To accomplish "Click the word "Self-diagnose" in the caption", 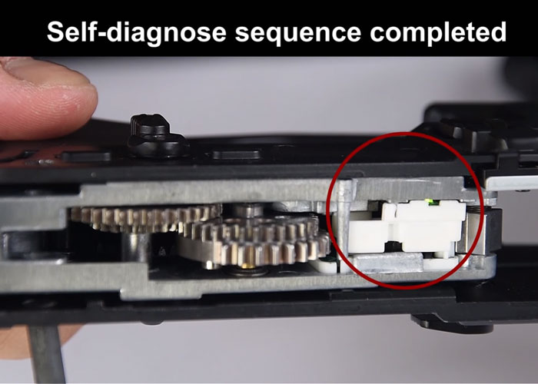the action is (137, 32).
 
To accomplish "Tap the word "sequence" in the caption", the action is (298, 33).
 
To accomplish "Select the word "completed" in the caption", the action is (438, 32).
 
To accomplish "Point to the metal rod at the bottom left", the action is (45, 355).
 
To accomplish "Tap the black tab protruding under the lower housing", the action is (451, 324).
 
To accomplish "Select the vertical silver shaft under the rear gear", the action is (134, 247).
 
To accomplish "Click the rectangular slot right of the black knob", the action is (236, 154).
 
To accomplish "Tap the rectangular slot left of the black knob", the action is (86, 157).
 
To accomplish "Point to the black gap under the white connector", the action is (395, 247).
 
